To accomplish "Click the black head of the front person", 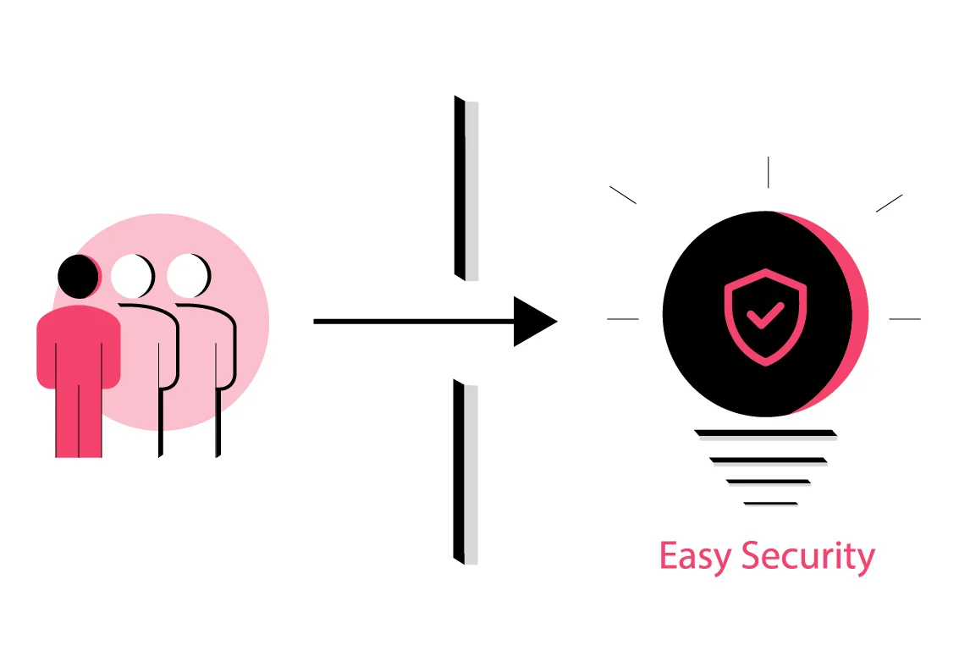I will point(77,275).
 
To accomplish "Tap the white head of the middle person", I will point(131,275).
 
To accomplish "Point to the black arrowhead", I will point(532,322).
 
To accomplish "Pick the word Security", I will point(807,558).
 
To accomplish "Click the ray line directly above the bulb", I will point(768,172).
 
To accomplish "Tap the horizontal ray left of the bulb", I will point(623,319).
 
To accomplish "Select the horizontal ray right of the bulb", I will point(904,319).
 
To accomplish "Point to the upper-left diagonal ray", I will point(623,195).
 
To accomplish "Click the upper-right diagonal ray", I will point(889,203).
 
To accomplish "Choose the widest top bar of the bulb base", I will point(765,434).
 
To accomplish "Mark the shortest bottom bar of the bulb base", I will point(770,504).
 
